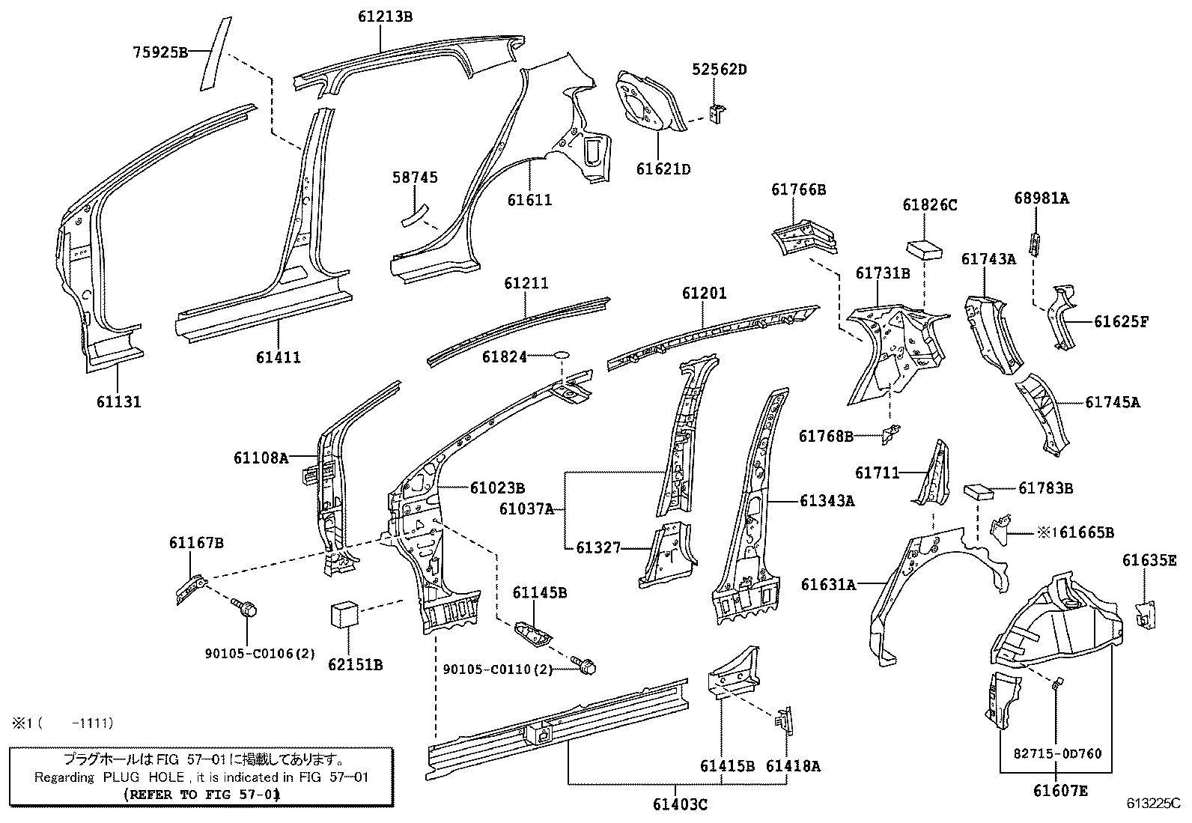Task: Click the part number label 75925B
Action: (159, 52)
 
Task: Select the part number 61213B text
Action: (385, 16)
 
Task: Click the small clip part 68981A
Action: (1035, 243)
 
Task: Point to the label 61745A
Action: (1113, 402)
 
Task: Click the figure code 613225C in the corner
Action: (1154, 804)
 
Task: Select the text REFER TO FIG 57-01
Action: (201, 795)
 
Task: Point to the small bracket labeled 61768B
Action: (891, 433)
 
